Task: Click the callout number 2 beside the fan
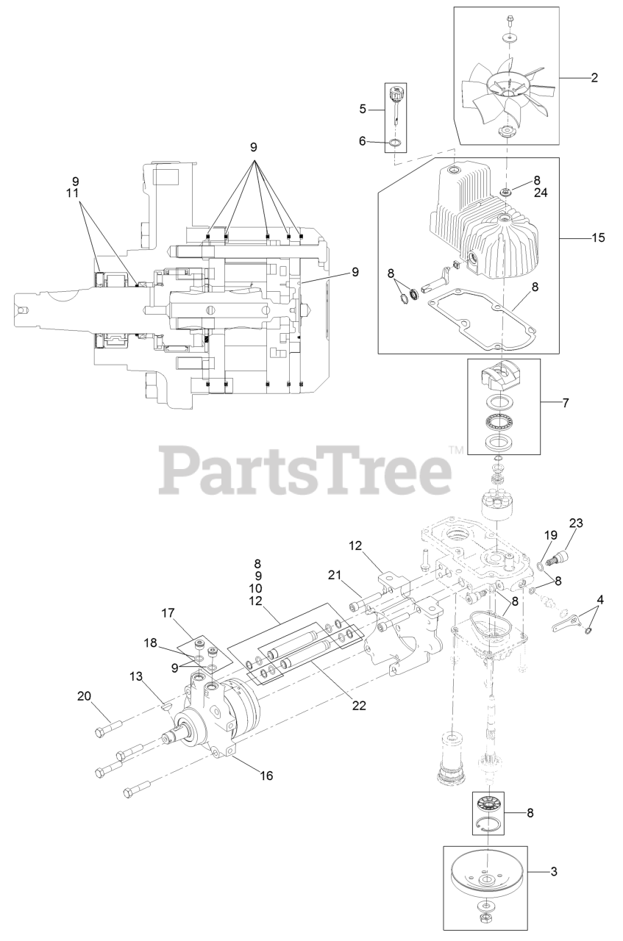(594, 77)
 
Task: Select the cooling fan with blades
(508, 96)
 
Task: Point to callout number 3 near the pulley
(553, 871)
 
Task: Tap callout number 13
(136, 676)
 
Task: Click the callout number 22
(359, 704)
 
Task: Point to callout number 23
(575, 523)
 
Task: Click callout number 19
(549, 535)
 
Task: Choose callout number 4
(600, 600)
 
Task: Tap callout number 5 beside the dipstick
(362, 109)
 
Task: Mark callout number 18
(151, 642)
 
